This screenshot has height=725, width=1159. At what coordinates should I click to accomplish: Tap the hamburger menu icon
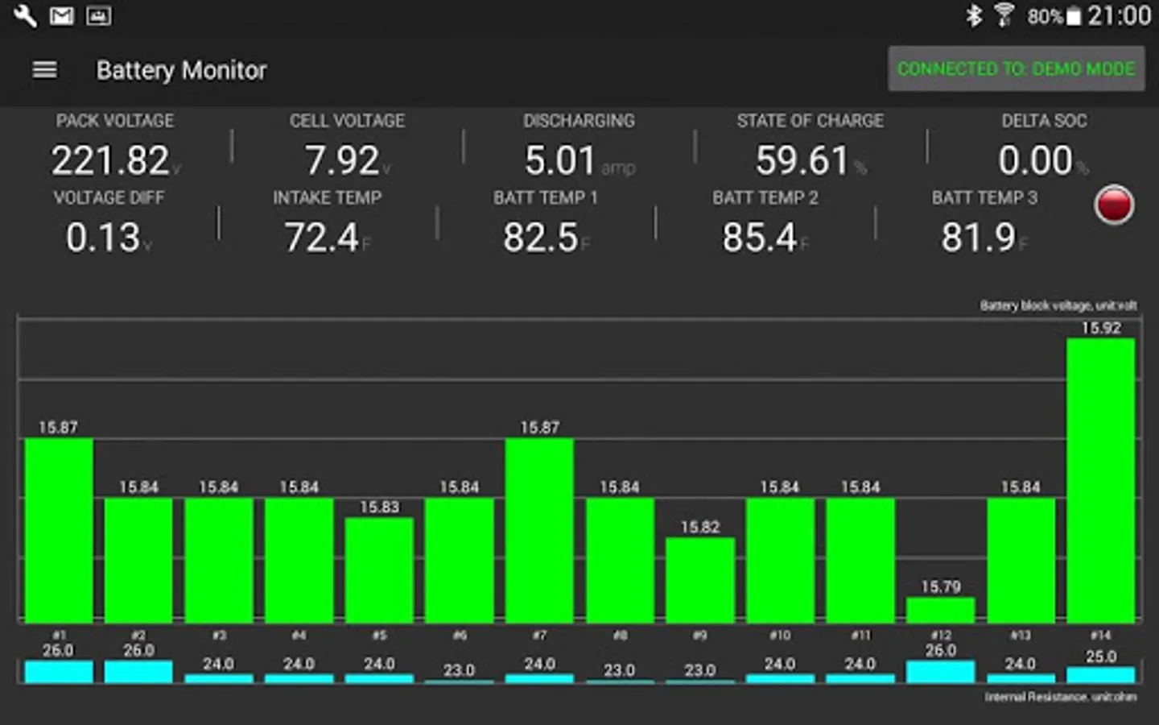[44, 70]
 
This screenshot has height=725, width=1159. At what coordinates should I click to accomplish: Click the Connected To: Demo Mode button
[1016, 69]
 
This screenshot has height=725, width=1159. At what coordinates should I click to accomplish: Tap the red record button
[1114, 205]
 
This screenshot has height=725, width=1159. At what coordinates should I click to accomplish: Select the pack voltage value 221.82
[111, 160]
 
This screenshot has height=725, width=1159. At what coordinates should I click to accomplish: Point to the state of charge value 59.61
[802, 160]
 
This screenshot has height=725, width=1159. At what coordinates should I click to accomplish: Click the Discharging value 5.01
[560, 160]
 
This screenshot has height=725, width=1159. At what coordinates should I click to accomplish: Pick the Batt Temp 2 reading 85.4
[760, 238]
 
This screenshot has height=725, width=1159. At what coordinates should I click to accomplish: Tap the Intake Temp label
[327, 198]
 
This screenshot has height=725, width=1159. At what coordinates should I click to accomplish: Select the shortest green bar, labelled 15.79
[940, 610]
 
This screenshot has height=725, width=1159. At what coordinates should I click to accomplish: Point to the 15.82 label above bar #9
[700, 527]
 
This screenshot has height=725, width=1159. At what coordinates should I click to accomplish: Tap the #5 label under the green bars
[379, 636]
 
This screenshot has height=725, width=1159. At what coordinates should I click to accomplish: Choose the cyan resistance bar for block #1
[59, 672]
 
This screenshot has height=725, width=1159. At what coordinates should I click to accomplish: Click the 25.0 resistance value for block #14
[1100, 657]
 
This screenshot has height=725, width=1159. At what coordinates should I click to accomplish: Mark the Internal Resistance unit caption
[1061, 697]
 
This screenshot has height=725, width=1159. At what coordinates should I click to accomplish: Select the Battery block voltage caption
[1058, 305]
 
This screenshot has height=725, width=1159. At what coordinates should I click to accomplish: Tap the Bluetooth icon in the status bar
[974, 16]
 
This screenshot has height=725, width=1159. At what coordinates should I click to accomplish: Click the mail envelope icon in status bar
[62, 16]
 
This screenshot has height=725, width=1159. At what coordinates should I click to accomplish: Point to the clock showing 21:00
[1119, 16]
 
